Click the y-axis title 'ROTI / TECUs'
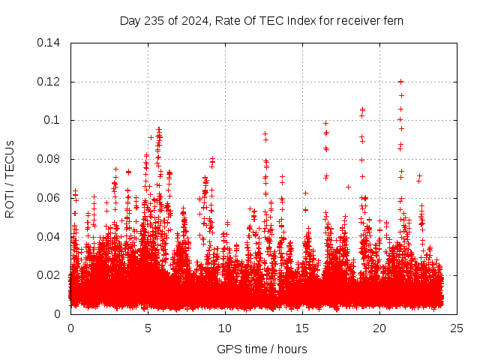coord(10,178)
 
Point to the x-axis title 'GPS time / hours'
coord(262,349)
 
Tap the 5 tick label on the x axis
coord(148,328)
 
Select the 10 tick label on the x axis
coord(225,328)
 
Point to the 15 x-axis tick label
coord(302,328)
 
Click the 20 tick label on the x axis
coord(379,328)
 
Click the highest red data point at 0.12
coord(400,81)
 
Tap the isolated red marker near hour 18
coord(348,187)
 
